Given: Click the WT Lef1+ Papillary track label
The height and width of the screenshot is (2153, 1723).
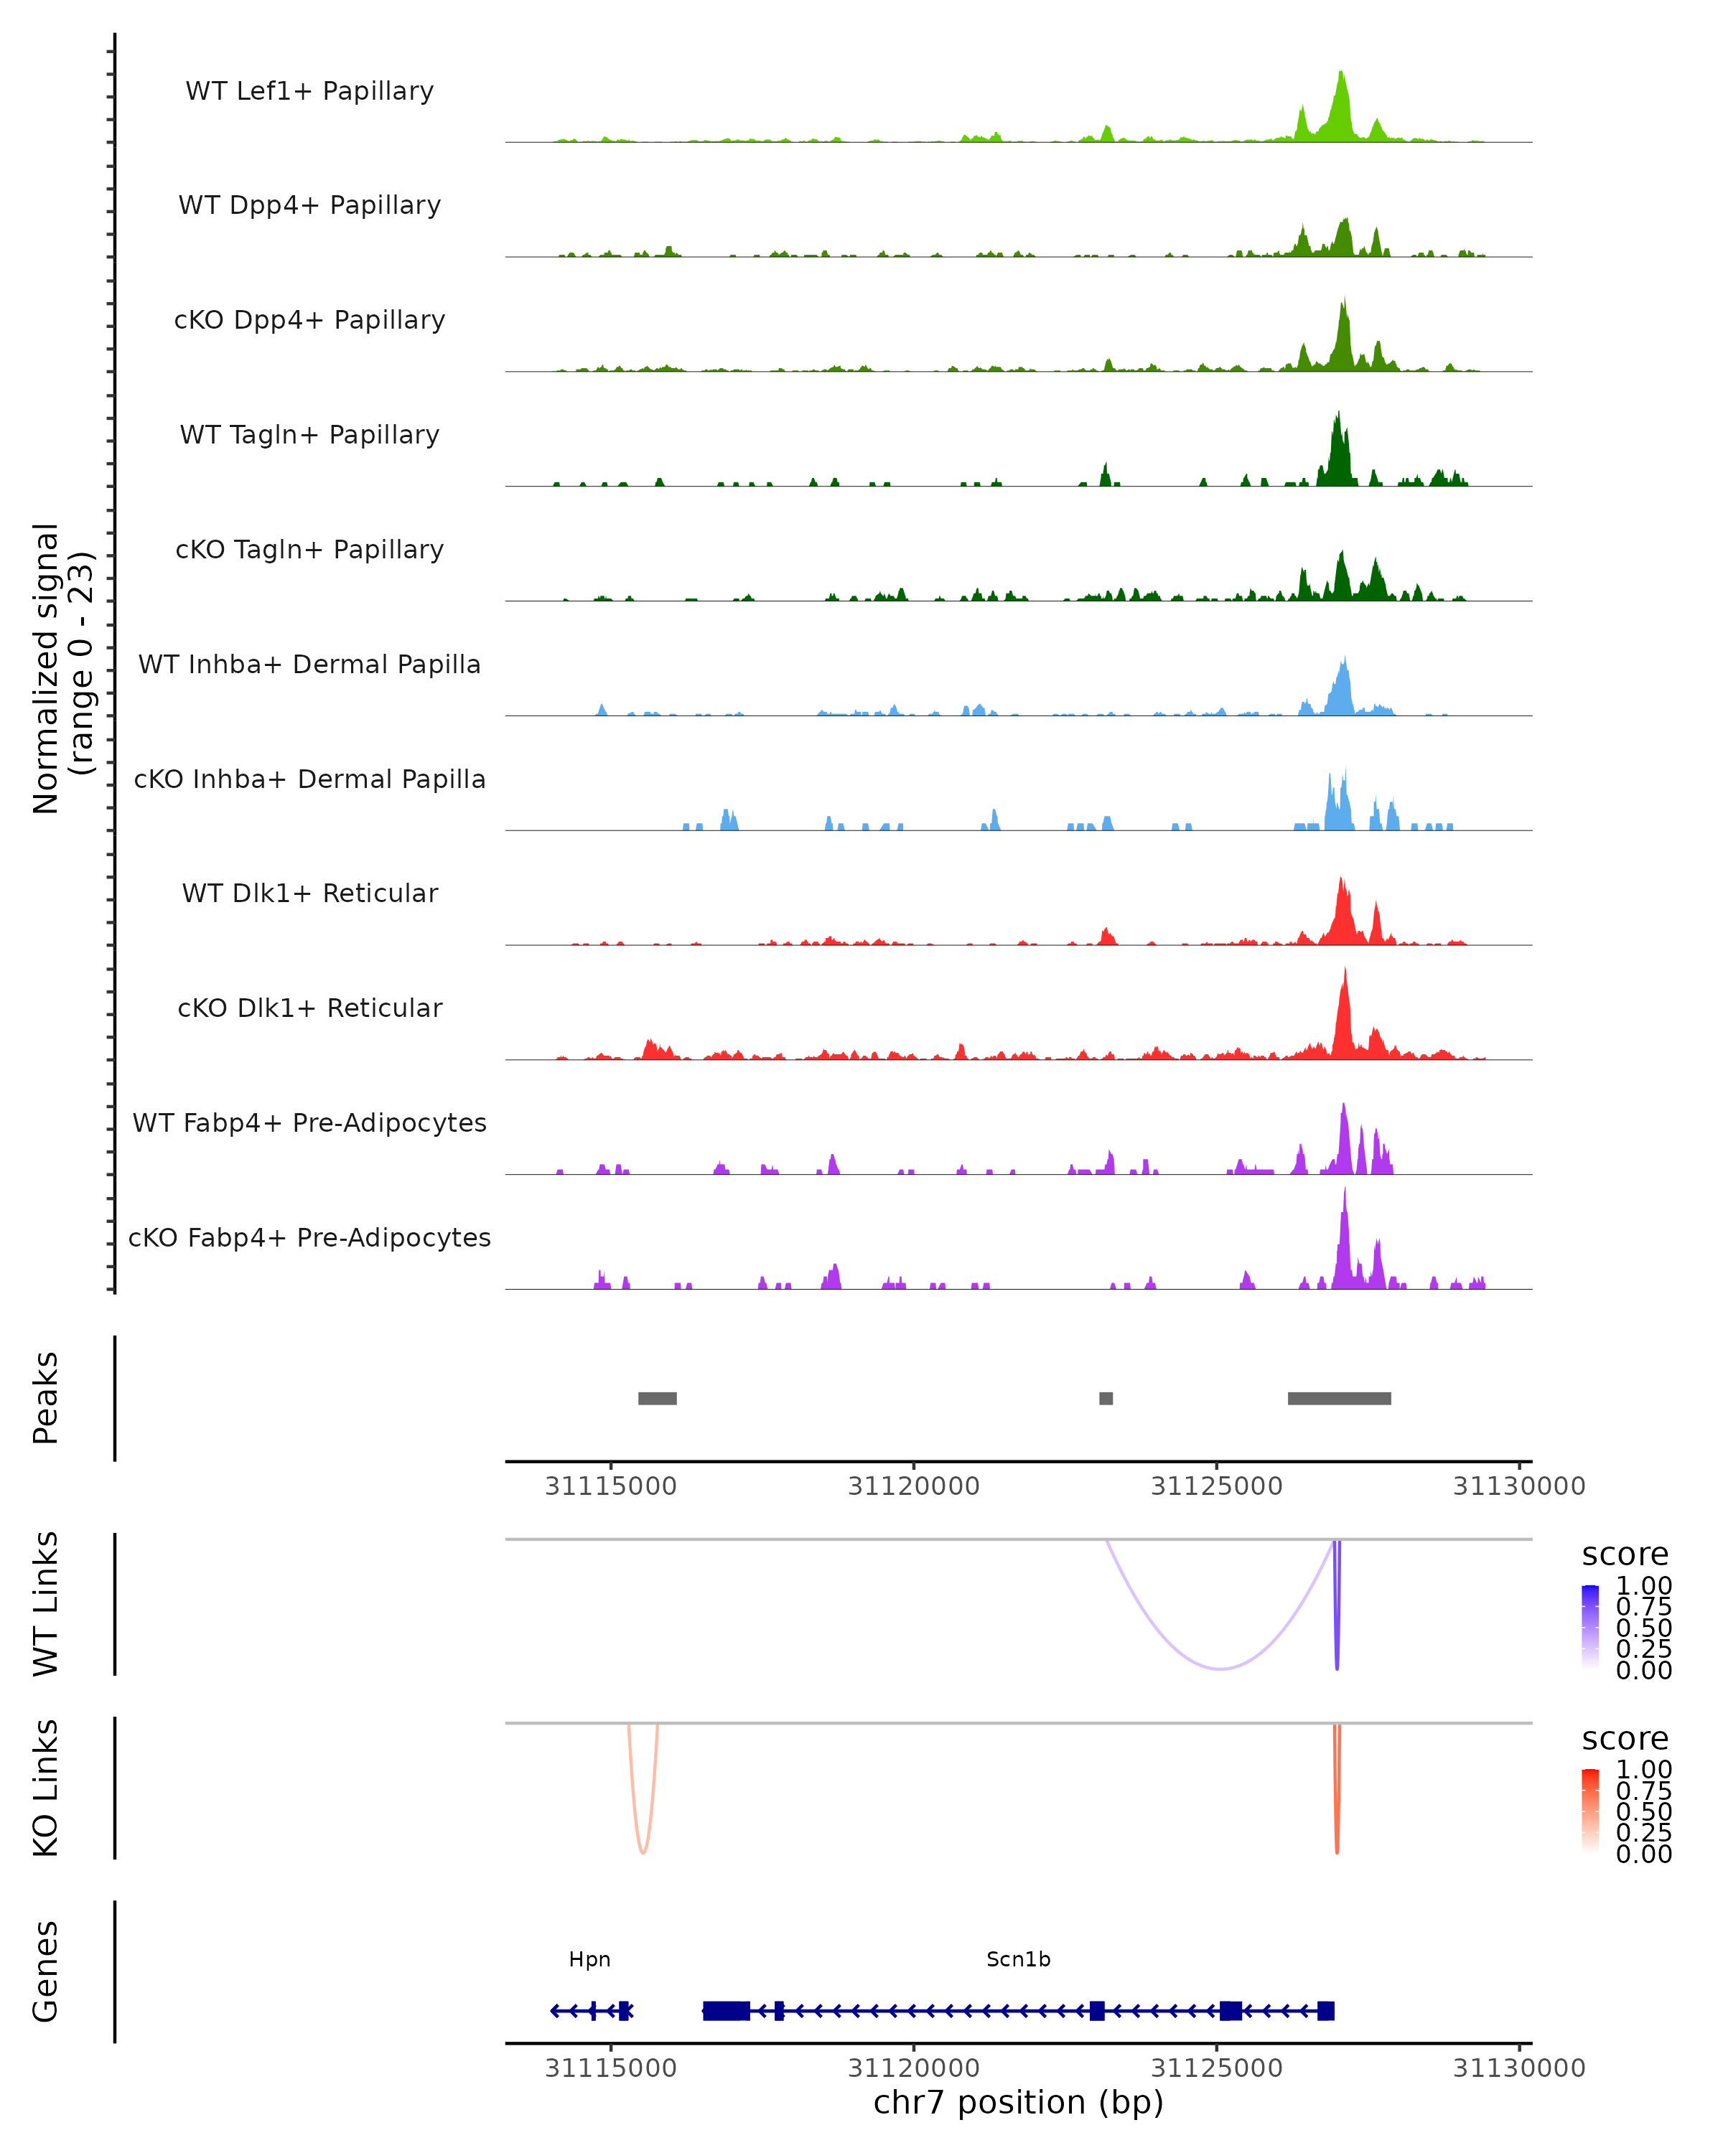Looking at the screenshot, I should coord(309,91).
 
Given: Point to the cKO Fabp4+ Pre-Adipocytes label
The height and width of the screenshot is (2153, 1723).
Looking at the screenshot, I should coord(309,1237).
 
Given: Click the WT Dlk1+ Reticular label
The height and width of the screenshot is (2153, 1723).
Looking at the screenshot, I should coord(309,893).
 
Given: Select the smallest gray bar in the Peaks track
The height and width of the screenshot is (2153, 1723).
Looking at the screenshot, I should coord(1106,1398).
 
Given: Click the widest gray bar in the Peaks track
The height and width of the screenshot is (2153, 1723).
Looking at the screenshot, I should coord(1338,1398).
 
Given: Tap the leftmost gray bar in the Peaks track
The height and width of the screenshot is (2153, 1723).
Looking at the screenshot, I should coord(657,1398).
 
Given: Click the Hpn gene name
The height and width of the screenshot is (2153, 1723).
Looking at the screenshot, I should coord(589,1959).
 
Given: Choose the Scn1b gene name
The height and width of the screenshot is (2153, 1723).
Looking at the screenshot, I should coord(1018,1959).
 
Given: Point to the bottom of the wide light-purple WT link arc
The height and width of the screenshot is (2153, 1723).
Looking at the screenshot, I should coord(1220,1668).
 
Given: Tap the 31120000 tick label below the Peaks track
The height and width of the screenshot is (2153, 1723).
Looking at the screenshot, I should coord(913,1486).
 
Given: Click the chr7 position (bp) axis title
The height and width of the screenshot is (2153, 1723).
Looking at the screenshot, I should coord(1018,2102).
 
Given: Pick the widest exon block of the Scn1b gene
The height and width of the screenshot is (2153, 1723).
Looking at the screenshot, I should coord(726,2011).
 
